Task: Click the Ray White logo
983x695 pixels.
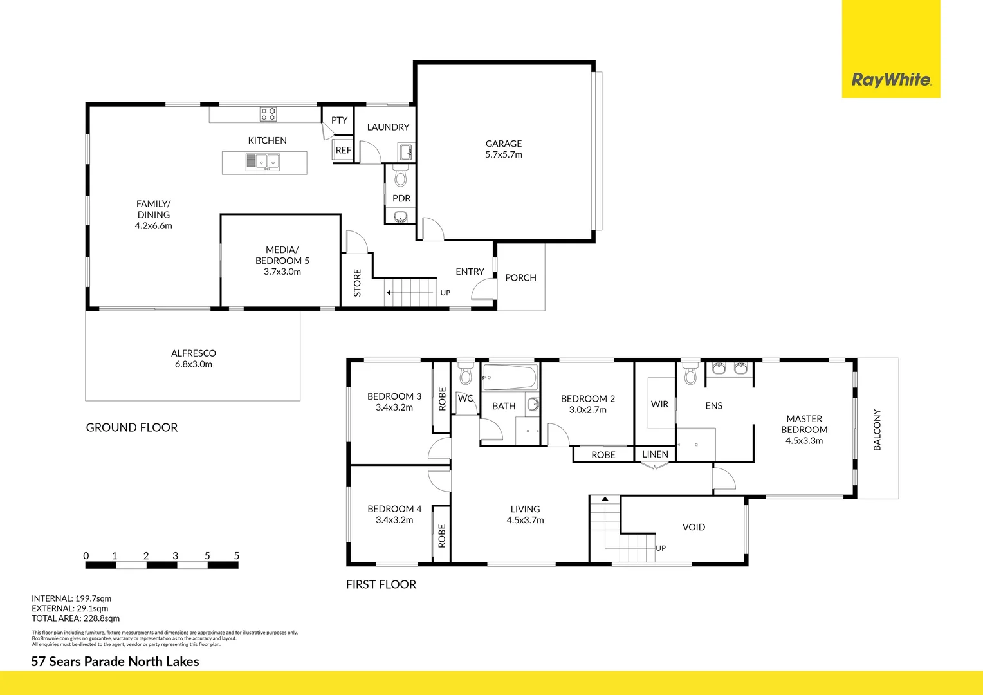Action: point(891,80)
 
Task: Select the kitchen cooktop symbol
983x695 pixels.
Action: point(268,114)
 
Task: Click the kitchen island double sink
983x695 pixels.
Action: point(262,162)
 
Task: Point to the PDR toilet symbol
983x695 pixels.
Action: point(401,177)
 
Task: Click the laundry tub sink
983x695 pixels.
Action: point(405,153)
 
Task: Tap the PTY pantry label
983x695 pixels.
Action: point(339,120)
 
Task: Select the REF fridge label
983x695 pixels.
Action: point(344,150)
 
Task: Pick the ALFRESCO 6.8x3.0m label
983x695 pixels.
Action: point(194,358)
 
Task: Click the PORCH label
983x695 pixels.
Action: point(520,278)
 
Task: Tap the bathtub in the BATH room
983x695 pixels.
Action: point(510,378)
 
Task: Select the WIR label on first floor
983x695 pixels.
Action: point(659,404)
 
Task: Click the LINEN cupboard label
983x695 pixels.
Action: point(655,454)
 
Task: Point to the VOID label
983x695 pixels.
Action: point(694,527)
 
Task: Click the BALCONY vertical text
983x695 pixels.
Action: point(877,429)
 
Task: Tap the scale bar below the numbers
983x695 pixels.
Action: point(162,565)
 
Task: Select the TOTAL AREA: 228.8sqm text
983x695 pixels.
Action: point(76,618)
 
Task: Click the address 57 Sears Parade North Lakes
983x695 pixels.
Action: point(115,662)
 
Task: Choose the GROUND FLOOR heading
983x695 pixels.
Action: point(132,427)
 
